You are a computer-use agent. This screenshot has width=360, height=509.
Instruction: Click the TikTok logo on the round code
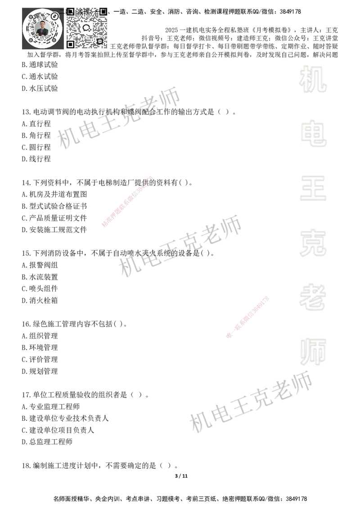[x=55, y=16]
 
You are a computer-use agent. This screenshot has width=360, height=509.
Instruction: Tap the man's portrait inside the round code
[x=42, y=28]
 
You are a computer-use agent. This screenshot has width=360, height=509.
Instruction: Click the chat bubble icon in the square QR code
[x=86, y=28]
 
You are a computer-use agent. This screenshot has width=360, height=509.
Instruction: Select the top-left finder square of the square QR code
[x=70, y=11]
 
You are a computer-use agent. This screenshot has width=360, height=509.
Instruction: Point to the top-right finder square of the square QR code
[x=103, y=11]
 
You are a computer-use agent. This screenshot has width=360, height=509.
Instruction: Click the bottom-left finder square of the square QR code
[x=70, y=44]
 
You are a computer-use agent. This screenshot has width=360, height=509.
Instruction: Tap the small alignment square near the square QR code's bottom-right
[x=100, y=41]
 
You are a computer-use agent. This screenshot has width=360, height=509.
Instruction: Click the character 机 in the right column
[x=313, y=79]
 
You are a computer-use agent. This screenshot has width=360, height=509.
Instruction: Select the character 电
[x=315, y=133]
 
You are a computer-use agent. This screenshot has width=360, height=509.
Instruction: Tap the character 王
[x=313, y=189]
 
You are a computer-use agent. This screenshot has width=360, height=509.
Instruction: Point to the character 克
[x=313, y=243]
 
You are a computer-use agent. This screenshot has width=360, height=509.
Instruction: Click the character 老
[x=313, y=297]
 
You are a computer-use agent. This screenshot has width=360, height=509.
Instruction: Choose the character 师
[x=313, y=353]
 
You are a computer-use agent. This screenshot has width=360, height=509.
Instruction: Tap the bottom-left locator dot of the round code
[x=31, y=40]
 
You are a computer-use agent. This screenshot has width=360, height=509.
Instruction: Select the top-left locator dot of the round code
[x=31, y=17]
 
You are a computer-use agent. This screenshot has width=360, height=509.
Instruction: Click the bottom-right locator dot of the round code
[x=54, y=40]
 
